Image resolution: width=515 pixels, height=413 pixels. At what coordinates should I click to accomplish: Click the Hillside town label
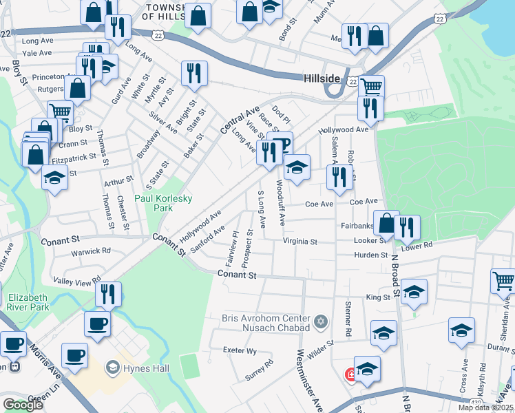(322, 79)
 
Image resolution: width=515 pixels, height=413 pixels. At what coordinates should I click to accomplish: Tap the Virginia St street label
(299, 242)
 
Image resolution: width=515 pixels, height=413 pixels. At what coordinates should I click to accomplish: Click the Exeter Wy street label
(240, 350)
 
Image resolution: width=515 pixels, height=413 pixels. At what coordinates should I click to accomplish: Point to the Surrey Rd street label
(259, 371)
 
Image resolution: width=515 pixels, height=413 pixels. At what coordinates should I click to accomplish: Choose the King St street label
(377, 297)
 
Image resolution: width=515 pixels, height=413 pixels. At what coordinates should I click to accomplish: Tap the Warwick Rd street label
(92, 251)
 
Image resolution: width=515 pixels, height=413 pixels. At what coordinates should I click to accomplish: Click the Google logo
(23, 405)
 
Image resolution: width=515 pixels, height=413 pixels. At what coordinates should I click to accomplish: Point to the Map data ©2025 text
(485, 407)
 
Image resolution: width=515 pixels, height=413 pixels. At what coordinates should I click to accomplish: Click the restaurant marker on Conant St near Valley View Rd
(108, 294)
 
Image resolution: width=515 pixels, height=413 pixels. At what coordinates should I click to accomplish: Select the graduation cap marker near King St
(414, 292)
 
